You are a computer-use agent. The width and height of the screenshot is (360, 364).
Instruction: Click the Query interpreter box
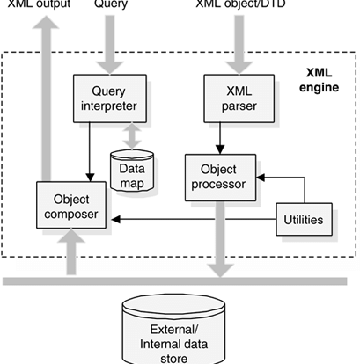point(110,98)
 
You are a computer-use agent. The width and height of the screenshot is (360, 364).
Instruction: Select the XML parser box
point(239,98)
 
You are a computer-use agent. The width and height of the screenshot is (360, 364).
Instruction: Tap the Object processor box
point(220,178)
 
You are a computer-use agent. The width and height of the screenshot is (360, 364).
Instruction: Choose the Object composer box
point(71,205)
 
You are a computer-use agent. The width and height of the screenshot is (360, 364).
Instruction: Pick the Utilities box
point(304,219)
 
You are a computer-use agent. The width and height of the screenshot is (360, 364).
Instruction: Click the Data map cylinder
point(132,171)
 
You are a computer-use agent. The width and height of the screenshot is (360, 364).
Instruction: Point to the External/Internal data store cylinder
point(173,330)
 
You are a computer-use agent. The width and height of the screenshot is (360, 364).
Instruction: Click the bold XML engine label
point(319,80)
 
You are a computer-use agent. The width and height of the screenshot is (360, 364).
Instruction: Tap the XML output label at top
point(39,4)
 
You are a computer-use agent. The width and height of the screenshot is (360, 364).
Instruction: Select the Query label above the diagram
point(111,4)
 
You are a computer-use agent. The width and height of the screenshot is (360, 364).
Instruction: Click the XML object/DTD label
point(240,4)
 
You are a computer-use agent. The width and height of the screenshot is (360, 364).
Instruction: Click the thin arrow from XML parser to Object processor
point(220,138)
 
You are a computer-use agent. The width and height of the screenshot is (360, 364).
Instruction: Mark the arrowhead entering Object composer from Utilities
point(115,219)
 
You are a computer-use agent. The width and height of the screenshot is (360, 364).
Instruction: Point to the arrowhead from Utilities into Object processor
point(261,178)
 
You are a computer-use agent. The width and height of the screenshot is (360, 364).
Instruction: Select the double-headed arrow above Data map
point(132,136)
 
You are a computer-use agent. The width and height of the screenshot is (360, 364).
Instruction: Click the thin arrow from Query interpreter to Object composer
point(90,152)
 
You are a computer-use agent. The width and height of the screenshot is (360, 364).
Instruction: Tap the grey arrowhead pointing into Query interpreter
point(110,68)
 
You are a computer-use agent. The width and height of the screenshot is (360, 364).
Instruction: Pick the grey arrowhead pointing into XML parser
point(239,68)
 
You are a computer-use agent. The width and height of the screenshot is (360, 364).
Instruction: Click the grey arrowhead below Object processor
point(220,271)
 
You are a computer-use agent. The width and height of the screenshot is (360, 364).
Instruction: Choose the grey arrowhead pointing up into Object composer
point(71,236)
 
